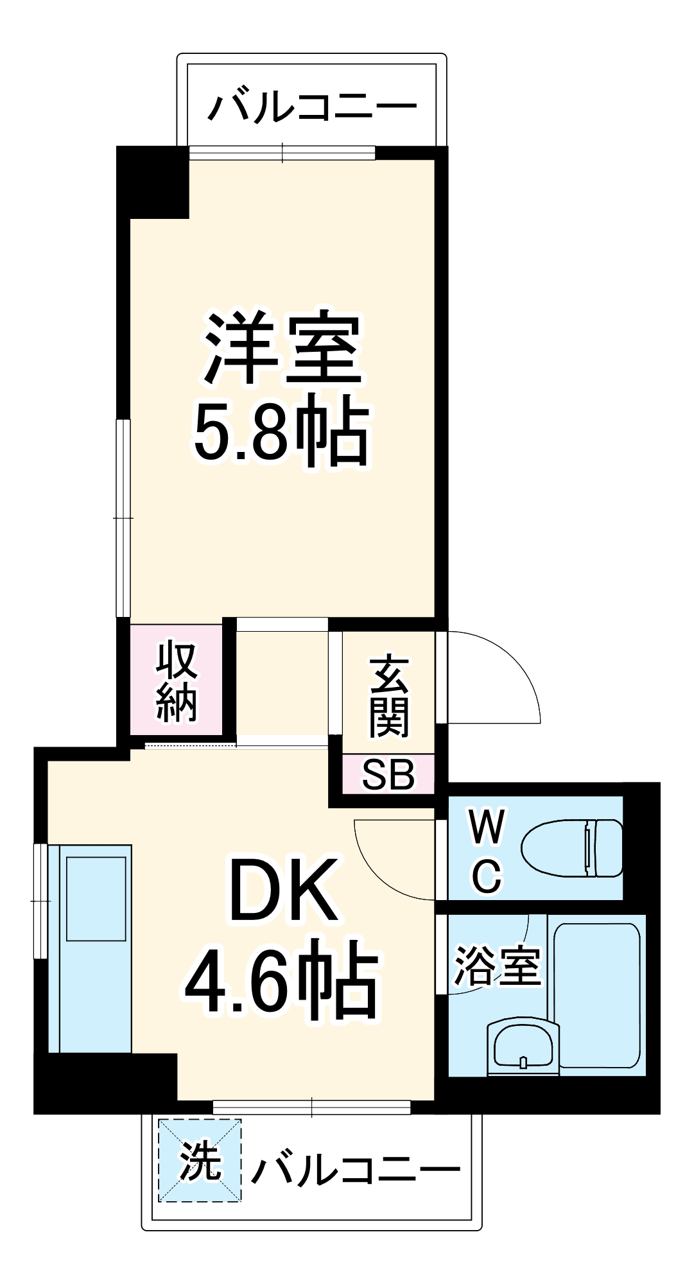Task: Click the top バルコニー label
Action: pyautogui.click(x=312, y=107)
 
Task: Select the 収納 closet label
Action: pyautogui.click(x=177, y=681)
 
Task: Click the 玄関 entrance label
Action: pyautogui.click(x=388, y=697)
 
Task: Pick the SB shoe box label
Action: pyautogui.click(x=388, y=775)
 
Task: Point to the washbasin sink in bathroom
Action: pyautogui.click(x=523, y=1047)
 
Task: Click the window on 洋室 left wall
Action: pyautogui.click(x=123, y=517)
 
